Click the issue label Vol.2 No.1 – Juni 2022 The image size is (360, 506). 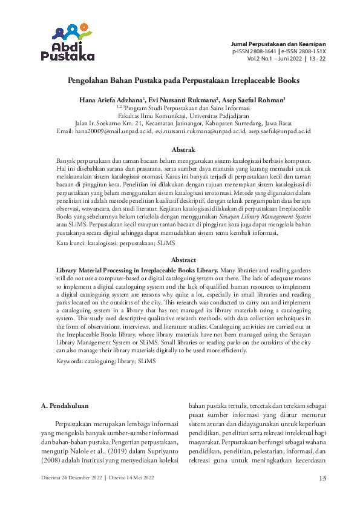tap(276, 60)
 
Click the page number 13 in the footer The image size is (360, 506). tap(322, 478)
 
